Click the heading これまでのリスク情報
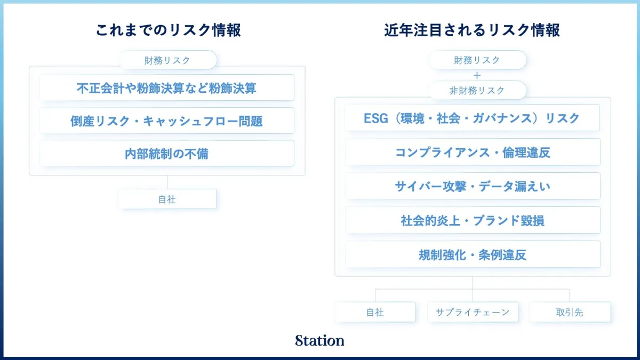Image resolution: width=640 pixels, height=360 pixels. click(169, 30)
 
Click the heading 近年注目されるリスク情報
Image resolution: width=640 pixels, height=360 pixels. click(472, 30)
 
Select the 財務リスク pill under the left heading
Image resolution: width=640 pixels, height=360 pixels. click(167, 60)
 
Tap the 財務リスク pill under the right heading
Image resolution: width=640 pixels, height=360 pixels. click(477, 60)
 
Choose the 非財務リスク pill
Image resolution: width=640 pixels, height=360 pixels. click(477, 90)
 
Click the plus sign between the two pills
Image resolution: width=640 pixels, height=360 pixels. click(477, 75)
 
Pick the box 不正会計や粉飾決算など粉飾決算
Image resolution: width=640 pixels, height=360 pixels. click(167, 87)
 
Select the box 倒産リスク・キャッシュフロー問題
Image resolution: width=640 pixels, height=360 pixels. click(167, 121)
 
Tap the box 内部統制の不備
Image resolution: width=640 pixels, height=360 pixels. click(167, 154)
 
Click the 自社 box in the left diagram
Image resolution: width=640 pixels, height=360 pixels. click(167, 199)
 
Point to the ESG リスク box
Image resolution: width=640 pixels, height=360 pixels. click(473, 118)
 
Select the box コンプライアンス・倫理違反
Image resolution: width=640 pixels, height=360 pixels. click(473, 152)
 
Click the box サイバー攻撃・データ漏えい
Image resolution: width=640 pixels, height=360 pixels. click(473, 186)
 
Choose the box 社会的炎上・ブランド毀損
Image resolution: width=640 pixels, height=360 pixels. click(473, 220)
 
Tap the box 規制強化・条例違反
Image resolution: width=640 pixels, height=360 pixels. click(473, 254)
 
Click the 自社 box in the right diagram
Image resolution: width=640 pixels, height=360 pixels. click(375, 312)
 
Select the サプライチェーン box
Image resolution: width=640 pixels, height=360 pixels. click(473, 312)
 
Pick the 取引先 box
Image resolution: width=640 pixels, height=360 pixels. click(570, 312)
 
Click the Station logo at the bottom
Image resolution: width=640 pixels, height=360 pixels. click(319, 340)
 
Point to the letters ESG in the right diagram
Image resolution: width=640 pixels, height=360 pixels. click(375, 118)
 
